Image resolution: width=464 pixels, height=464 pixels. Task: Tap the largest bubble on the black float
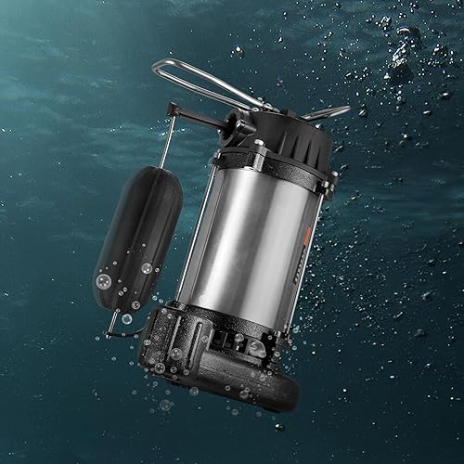pyautogui.click(x=105, y=279)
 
